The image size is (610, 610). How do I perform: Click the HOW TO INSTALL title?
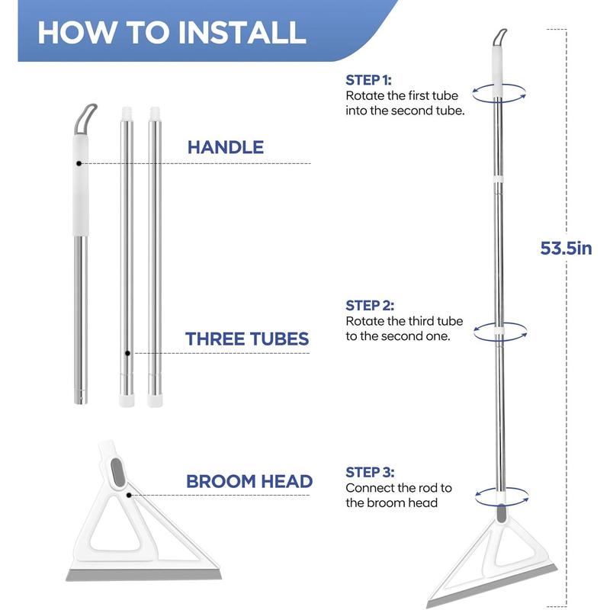[172, 32]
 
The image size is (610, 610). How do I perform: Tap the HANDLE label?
[226, 147]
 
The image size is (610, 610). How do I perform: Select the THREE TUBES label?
[247, 339]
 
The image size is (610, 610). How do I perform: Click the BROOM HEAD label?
[249, 481]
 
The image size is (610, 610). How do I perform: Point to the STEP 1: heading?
[368, 80]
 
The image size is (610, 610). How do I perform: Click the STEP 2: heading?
[370, 306]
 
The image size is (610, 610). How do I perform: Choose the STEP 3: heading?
[370, 472]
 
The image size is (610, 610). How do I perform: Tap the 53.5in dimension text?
[566, 249]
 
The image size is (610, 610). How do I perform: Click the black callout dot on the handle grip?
[79, 163]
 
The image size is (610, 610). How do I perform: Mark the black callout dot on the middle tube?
[127, 353]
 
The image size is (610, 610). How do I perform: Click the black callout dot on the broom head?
[129, 495]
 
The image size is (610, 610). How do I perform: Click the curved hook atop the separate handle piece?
[85, 119]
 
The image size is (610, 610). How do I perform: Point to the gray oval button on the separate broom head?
[117, 472]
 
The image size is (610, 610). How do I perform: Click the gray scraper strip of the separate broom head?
[143, 575]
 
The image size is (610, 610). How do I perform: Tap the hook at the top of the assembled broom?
[499, 37]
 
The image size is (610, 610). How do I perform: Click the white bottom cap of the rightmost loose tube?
[155, 401]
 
